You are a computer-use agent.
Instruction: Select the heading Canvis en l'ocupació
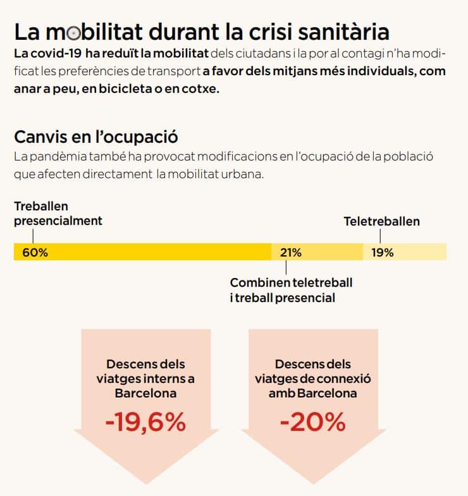coord(95,136)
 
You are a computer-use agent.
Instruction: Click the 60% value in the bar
coord(35,253)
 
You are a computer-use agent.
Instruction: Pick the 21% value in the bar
coord(291,253)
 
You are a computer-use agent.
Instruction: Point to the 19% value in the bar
coord(382,253)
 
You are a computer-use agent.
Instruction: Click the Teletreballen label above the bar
coord(381,222)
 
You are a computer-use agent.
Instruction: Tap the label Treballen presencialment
coord(58,214)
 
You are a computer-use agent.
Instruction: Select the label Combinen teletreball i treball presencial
coord(291,290)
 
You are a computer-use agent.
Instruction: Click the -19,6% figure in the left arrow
coord(145,422)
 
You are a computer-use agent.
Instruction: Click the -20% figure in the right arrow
coord(312,422)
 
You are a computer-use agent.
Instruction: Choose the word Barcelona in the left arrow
coord(145,393)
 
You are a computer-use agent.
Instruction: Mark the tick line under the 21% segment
coord(286,267)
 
